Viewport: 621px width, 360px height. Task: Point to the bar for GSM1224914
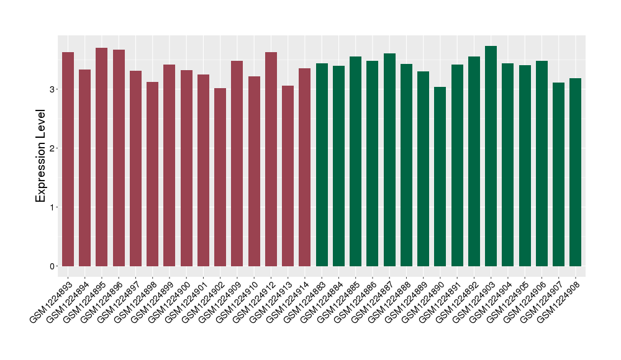(x=305, y=167)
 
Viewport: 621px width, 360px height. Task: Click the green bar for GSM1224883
(x=322, y=164)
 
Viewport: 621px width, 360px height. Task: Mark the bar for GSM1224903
(x=491, y=156)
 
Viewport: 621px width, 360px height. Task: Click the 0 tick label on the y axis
(x=53, y=266)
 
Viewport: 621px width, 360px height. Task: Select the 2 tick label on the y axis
(x=53, y=148)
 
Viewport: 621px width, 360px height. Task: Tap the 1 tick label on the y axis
(x=53, y=207)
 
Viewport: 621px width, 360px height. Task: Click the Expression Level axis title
(x=40, y=156)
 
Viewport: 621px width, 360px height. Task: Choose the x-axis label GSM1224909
(x=221, y=302)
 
